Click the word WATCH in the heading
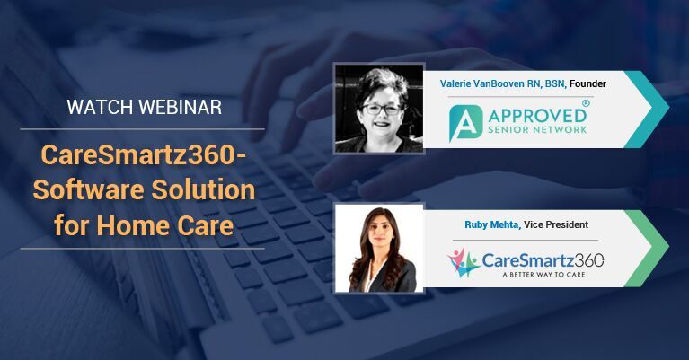[100, 107]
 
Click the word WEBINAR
[181, 107]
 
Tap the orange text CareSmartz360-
[143, 155]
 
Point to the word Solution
[203, 189]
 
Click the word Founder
[587, 83]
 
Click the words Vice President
[556, 224]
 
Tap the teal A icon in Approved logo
[465, 123]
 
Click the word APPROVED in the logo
[537, 116]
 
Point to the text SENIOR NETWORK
[537, 130]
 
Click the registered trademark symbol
[586, 103]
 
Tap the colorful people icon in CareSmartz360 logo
[464, 262]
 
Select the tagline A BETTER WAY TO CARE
[544, 275]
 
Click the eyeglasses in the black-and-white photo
[382, 110]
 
